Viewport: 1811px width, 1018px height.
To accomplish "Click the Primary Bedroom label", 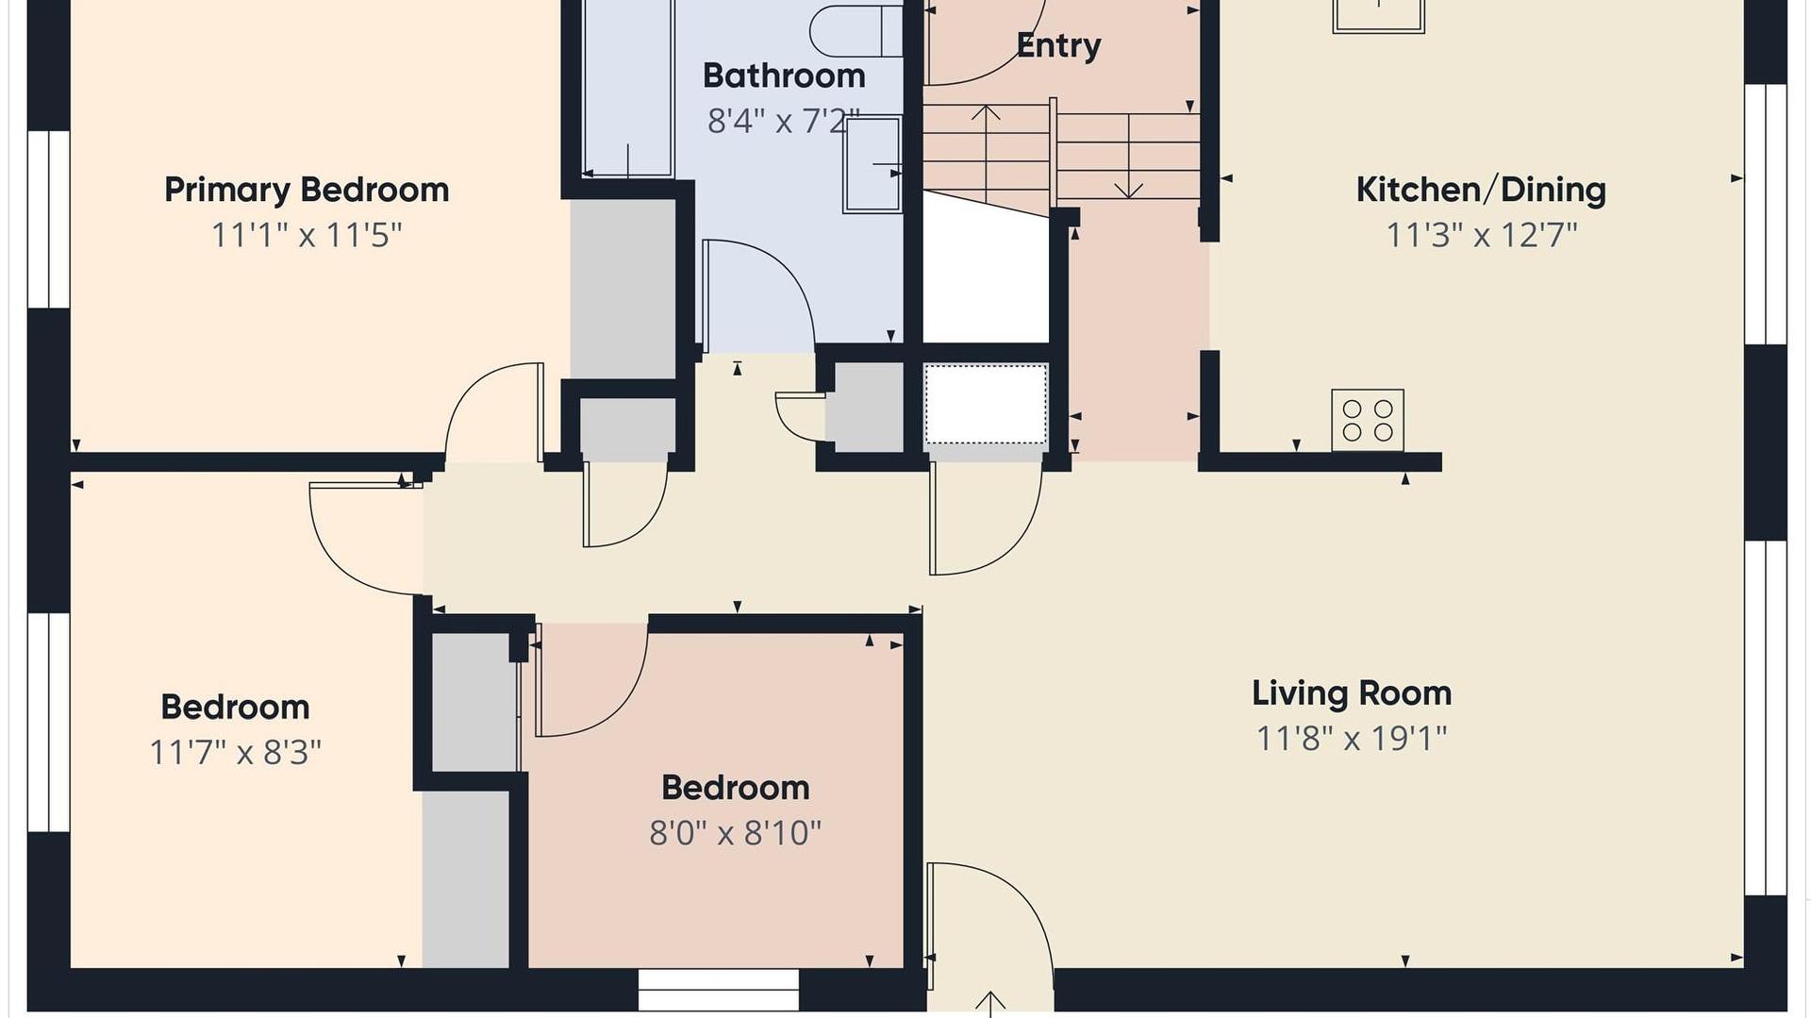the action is pos(307,191).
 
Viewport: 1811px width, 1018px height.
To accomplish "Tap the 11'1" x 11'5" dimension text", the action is pos(307,235).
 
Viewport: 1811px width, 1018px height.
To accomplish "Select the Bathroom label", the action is pos(784,75).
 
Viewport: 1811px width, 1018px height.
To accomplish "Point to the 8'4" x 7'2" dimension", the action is pos(784,121).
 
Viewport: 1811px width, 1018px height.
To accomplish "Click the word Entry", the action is pos(1058,46).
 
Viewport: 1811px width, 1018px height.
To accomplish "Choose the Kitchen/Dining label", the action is pos(1481,190).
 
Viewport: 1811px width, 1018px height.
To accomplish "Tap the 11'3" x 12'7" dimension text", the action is pos(1481,235).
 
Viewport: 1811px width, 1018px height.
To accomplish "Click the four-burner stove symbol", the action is pos(1368,420).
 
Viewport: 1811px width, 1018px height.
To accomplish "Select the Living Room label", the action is pos(1352,693).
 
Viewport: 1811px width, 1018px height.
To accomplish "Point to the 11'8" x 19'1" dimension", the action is pos(1352,738).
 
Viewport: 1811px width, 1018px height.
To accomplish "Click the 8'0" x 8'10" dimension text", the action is pos(736,833).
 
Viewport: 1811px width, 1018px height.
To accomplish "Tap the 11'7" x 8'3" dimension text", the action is pos(236,753).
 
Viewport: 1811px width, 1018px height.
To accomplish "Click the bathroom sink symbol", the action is pos(872,164).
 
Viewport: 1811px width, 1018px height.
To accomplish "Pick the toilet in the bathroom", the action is pos(856,30).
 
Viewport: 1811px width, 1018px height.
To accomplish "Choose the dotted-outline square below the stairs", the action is pos(986,404).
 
